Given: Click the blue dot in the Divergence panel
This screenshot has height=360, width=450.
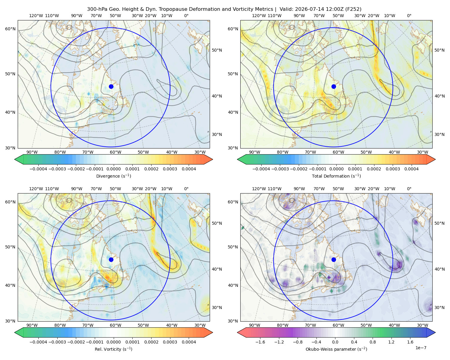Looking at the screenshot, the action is [111, 86].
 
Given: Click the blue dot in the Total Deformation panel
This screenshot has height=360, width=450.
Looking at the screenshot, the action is [334, 86].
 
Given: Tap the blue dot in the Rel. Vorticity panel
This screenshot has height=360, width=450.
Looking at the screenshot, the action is [111, 259].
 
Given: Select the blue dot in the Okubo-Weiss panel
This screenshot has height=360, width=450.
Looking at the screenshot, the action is [334, 259].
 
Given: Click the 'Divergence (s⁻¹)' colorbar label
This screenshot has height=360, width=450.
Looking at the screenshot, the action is [113, 176].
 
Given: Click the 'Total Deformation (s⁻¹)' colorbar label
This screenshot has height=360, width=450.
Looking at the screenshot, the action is [336, 176].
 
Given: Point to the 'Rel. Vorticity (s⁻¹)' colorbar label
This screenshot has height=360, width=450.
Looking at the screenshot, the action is [113, 349].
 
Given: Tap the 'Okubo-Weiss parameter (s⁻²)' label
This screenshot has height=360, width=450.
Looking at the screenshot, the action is [336, 349].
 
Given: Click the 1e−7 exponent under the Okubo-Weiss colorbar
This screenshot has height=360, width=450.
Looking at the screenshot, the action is [421, 348].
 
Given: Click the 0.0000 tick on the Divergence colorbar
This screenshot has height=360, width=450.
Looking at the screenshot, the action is [113, 169].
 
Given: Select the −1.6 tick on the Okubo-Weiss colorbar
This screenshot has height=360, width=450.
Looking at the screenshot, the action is [260, 342].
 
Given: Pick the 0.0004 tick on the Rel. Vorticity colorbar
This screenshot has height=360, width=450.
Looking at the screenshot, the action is [189, 342].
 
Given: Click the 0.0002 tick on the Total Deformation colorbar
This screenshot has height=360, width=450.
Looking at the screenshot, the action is [374, 169].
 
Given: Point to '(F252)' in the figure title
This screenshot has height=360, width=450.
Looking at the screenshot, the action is [353, 9].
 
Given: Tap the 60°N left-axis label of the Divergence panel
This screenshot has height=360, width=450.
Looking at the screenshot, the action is [10, 29].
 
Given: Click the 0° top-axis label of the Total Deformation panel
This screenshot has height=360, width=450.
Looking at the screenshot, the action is [409, 16].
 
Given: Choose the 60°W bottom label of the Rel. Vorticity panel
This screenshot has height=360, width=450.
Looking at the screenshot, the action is [115, 325].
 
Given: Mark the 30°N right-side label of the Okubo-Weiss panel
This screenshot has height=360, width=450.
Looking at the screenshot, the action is [439, 307].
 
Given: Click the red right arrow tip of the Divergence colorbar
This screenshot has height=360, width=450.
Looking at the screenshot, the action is [212, 159].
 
